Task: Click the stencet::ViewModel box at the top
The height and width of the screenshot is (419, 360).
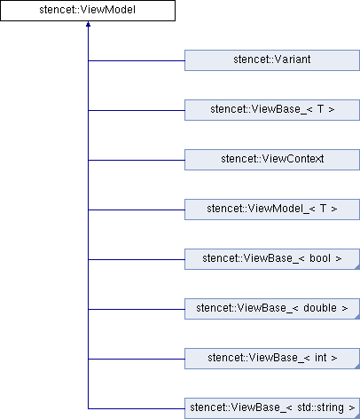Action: (x=88, y=11)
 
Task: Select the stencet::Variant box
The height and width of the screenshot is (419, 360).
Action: (x=272, y=60)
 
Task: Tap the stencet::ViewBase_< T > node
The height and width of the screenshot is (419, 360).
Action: (x=272, y=110)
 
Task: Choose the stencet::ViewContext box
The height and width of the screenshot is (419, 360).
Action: (x=272, y=160)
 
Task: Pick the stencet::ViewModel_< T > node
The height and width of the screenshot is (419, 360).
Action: (x=272, y=209)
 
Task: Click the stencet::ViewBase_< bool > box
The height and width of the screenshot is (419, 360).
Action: (x=272, y=259)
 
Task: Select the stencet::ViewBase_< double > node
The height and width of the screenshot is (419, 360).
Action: (x=272, y=309)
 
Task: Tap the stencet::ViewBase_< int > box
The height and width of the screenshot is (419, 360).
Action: (x=272, y=359)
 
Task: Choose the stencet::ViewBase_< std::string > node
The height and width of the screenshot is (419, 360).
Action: (x=272, y=408)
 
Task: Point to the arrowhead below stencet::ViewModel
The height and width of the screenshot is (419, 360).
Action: (x=88, y=24)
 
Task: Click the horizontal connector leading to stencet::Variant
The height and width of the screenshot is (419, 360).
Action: (x=137, y=60)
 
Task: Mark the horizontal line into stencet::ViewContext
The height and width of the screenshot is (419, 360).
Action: (x=137, y=160)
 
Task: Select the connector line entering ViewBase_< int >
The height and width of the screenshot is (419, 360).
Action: (x=137, y=359)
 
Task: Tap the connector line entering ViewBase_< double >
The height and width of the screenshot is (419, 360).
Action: (x=137, y=309)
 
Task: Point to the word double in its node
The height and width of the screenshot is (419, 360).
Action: (x=320, y=308)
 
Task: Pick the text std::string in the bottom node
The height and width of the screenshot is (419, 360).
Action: (x=320, y=407)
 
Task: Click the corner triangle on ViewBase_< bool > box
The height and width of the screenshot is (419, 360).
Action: (x=357, y=267)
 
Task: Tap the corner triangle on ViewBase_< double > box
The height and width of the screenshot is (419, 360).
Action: (x=357, y=317)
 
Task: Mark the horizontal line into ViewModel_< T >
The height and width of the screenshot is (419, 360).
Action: (x=137, y=209)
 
